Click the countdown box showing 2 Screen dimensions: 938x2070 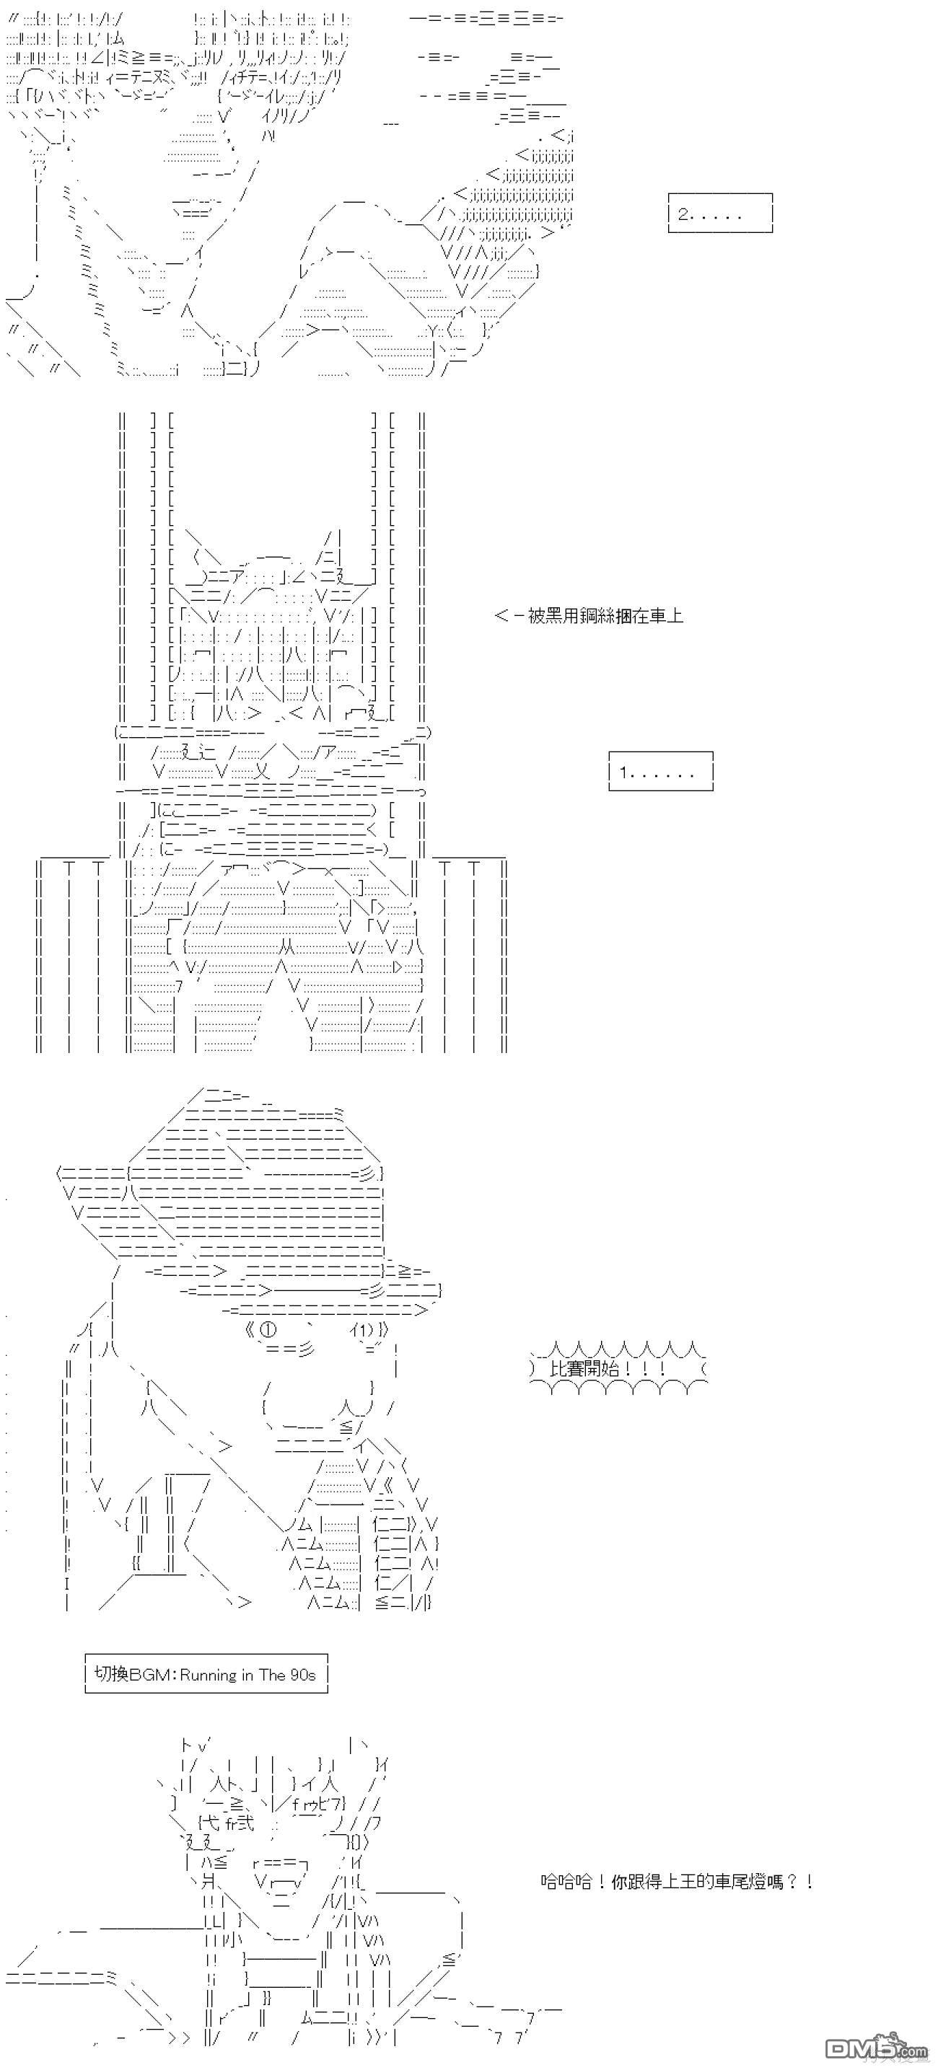[719, 213]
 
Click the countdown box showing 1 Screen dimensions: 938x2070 [660, 772]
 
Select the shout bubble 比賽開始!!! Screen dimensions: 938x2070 [619, 1368]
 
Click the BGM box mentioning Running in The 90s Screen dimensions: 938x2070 [206, 1674]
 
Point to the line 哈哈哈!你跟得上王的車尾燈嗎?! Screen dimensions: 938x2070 [677, 1882]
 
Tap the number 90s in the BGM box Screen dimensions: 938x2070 [302, 1675]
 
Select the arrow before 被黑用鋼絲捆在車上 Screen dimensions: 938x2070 [509, 617]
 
